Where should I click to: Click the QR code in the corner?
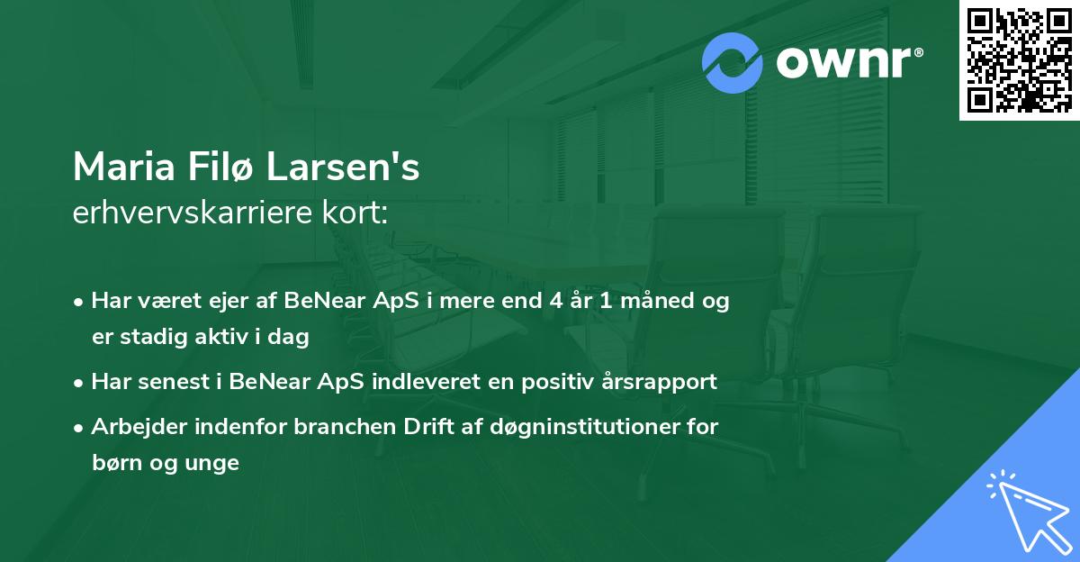[1019, 59]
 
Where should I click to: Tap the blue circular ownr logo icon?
[733, 62]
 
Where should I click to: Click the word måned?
[656, 301]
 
